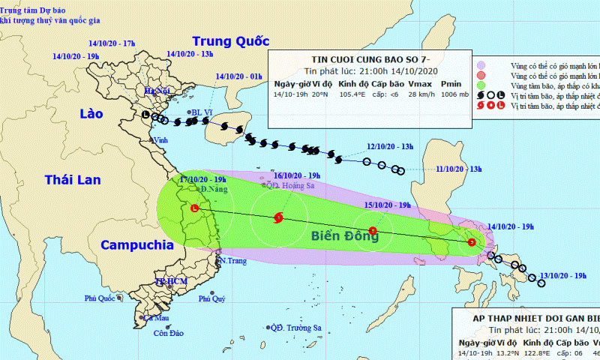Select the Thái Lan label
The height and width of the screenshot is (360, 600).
[72, 179]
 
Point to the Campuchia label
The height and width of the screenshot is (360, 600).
[132, 245]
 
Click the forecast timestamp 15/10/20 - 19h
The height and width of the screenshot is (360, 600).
[387, 205]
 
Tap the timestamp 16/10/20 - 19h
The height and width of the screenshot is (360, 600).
[286, 175]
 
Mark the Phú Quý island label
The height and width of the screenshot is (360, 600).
[212, 298]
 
